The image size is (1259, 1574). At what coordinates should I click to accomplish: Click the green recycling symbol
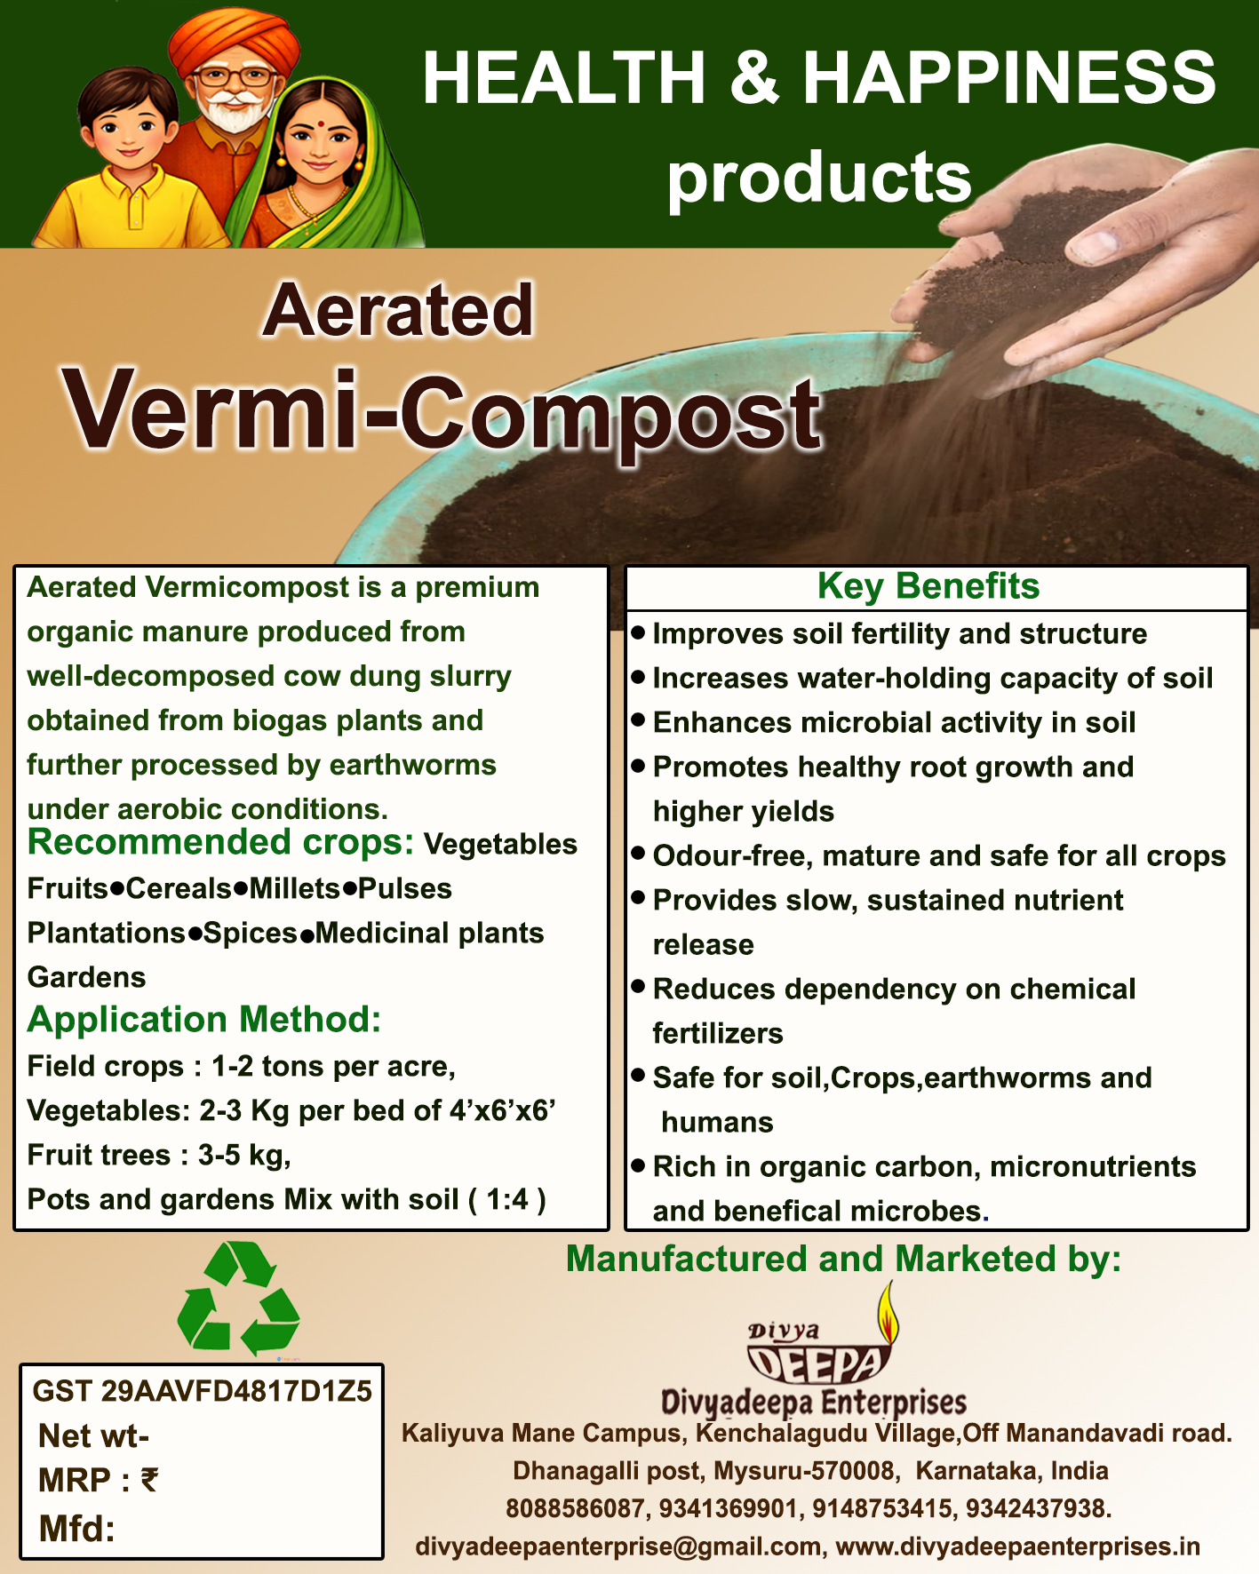238,1298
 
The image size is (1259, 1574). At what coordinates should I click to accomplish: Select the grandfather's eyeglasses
235,76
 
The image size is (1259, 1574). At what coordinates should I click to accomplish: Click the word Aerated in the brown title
398,311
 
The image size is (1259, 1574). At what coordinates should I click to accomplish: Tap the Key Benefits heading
928,586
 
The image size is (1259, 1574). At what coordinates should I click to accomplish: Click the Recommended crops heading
220,842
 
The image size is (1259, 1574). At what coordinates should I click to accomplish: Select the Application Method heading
204,1020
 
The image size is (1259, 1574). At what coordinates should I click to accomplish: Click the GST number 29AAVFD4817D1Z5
236,1391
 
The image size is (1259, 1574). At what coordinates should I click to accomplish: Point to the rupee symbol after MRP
149,1480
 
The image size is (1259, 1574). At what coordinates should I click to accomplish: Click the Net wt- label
93,1435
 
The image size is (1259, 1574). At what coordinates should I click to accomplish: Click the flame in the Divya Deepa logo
887,1311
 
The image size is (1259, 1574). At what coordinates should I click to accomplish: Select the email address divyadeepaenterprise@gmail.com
618,1546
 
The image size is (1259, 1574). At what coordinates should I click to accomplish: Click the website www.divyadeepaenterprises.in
1018,1546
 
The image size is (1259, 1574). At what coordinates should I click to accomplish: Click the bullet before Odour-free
638,854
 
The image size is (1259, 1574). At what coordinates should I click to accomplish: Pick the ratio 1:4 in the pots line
507,1199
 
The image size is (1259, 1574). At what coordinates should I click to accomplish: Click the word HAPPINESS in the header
1010,77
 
